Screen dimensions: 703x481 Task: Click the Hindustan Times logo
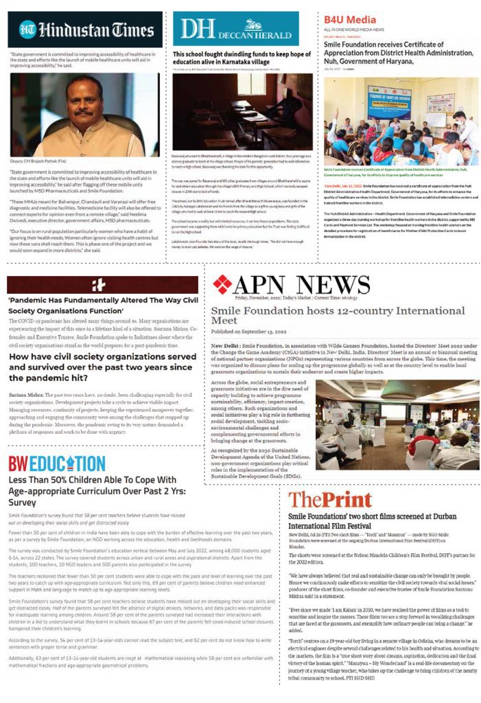[x=86, y=30]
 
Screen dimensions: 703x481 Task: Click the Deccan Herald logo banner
[x=235, y=29]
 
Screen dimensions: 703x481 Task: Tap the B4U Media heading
[x=350, y=19]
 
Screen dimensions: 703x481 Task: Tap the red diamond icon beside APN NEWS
[x=223, y=284]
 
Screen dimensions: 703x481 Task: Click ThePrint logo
[x=330, y=499]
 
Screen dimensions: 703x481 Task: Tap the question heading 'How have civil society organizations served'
[x=102, y=358]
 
